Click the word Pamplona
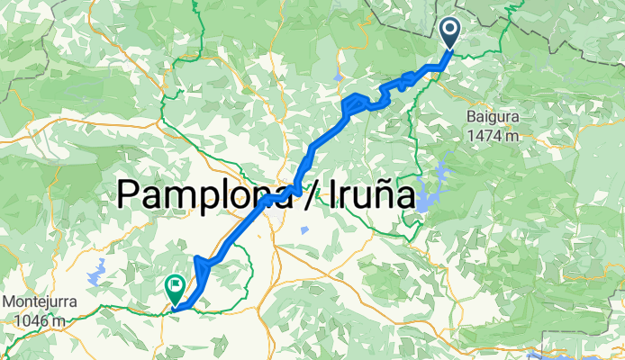(x=207, y=193)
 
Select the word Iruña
(x=363, y=193)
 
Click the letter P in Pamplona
(x=130, y=193)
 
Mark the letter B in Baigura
(x=471, y=117)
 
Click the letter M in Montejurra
(x=10, y=301)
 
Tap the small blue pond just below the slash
(x=304, y=230)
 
